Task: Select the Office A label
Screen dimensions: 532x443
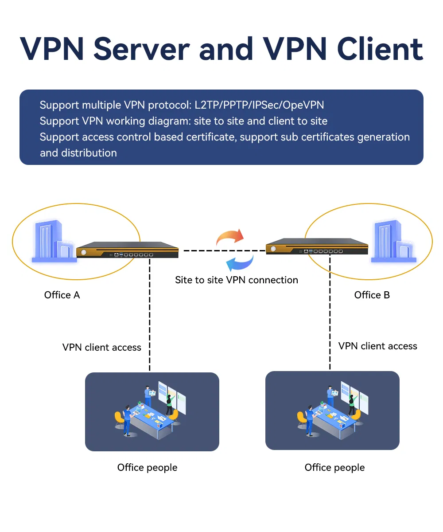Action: click(x=62, y=295)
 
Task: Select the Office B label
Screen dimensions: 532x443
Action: click(x=372, y=295)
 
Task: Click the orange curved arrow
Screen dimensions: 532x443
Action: click(x=229, y=237)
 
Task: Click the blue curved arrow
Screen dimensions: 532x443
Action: click(x=240, y=262)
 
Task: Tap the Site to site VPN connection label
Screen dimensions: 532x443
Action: click(x=237, y=280)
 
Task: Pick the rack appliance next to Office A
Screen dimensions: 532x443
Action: click(x=127, y=250)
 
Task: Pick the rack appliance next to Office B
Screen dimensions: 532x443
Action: click(x=317, y=247)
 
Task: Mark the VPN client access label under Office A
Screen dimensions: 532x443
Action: click(x=102, y=348)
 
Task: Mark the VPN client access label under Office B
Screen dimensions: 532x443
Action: click(x=377, y=346)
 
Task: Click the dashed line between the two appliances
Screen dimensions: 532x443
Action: click(x=221, y=251)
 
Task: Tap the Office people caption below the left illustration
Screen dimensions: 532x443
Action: click(x=147, y=468)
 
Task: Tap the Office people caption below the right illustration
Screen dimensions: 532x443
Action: click(x=334, y=468)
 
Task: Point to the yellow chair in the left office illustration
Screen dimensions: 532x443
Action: click(x=119, y=418)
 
